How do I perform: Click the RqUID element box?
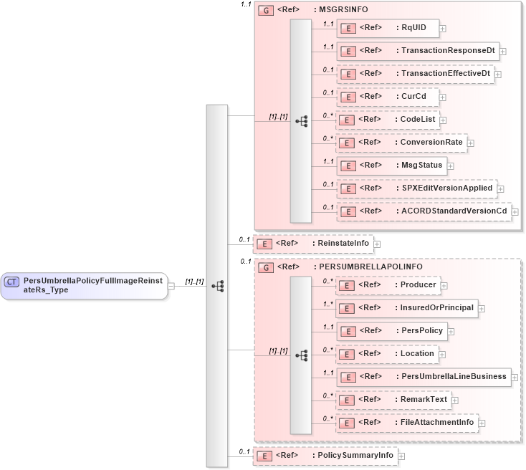[387, 28]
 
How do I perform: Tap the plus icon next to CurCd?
[444, 97]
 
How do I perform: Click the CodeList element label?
[418, 120]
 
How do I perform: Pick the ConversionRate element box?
[401, 143]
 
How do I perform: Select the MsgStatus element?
[391, 166]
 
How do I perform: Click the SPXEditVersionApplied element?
[416, 188]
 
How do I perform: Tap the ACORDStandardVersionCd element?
[423, 211]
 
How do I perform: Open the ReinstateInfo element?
[312, 244]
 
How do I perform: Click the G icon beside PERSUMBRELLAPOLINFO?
[265, 267]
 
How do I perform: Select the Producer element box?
[388, 285]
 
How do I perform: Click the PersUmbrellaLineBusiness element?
[423, 377]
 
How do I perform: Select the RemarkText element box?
[393, 400]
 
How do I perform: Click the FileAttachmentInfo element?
[406, 423]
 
